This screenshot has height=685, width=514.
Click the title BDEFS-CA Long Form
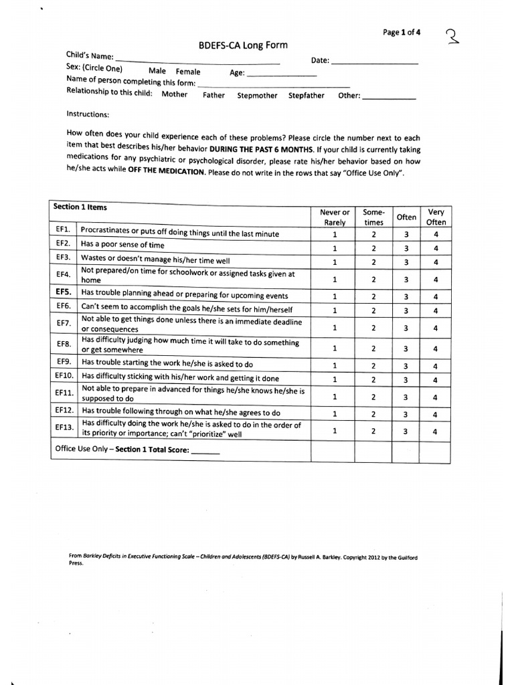[243, 45]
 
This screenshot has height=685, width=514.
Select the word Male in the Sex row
[157, 71]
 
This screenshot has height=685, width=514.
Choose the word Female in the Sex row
[188, 71]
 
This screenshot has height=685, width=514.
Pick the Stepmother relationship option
[257, 96]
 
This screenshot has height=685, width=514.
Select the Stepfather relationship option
[307, 96]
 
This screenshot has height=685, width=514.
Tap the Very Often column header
[436, 217]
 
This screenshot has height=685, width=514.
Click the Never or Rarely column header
[335, 217]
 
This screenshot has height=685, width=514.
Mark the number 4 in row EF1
[436, 235]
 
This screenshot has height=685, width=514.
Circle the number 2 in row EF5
[374, 296]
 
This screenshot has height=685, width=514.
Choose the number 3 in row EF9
[406, 366]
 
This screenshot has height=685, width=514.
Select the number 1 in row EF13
[335, 431]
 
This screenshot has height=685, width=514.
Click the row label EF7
[64, 323]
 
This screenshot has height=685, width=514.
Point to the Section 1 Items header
[80, 207]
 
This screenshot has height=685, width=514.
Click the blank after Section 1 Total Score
[205, 452]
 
